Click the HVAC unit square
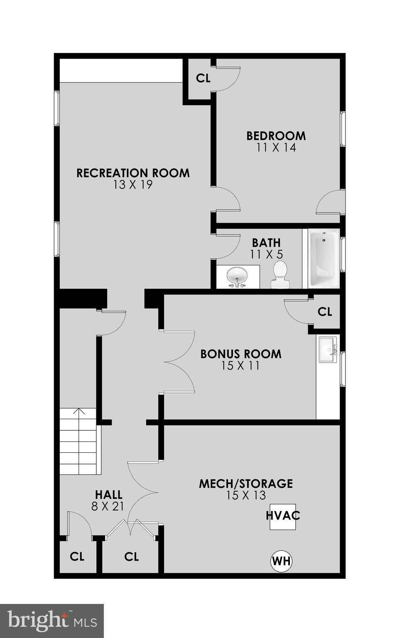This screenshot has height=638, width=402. pyautogui.click(x=283, y=516)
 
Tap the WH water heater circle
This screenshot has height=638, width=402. pyautogui.click(x=281, y=562)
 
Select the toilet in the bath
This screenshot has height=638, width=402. pyautogui.click(x=279, y=275)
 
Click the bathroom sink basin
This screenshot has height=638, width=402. pyautogui.click(x=237, y=275)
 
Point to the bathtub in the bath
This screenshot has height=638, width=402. pyautogui.click(x=323, y=258)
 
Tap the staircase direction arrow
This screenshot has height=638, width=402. pyautogui.click(x=79, y=412)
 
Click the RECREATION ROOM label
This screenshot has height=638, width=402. pyautogui.click(x=133, y=173)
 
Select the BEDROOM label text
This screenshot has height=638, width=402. pyautogui.click(x=276, y=136)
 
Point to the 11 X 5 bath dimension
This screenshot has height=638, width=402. pyautogui.click(x=266, y=254)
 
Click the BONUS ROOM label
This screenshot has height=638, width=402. pyautogui.click(x=241, y=354)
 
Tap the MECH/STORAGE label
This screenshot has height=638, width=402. pyautogui.click(x=246, y=483)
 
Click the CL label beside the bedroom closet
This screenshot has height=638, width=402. pyautogui.click(x=203, y=78)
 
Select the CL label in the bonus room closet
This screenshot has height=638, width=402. pyautogui.click(x=325, y=312)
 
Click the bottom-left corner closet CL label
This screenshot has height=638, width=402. pyautogui.click(x=77, y=557)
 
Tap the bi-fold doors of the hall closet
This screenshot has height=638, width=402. pyautogui.click(x=131, y=528)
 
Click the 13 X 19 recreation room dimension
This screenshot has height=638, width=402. pyautogui.click(x=133, y=185)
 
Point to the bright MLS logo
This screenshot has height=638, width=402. pyautogui.click(x=52, y=621)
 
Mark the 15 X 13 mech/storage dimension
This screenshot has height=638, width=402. pyautogui.click(x=246, y=495)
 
